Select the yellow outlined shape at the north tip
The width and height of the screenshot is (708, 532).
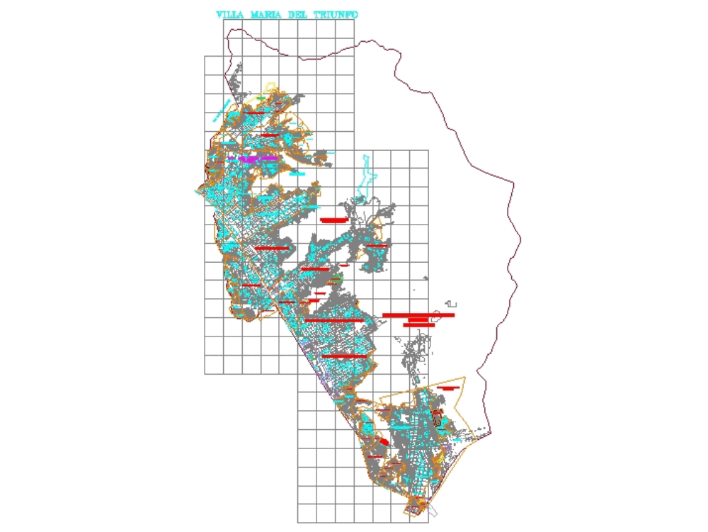pos(270,87)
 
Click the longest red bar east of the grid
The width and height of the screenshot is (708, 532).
pos(418,315)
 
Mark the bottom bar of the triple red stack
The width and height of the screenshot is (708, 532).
pos(418,325)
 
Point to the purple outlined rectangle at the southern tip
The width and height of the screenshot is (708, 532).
pos(433,509)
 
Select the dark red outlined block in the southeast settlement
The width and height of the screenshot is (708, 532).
pos(438,418)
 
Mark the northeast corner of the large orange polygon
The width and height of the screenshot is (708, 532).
pos(465,378)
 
